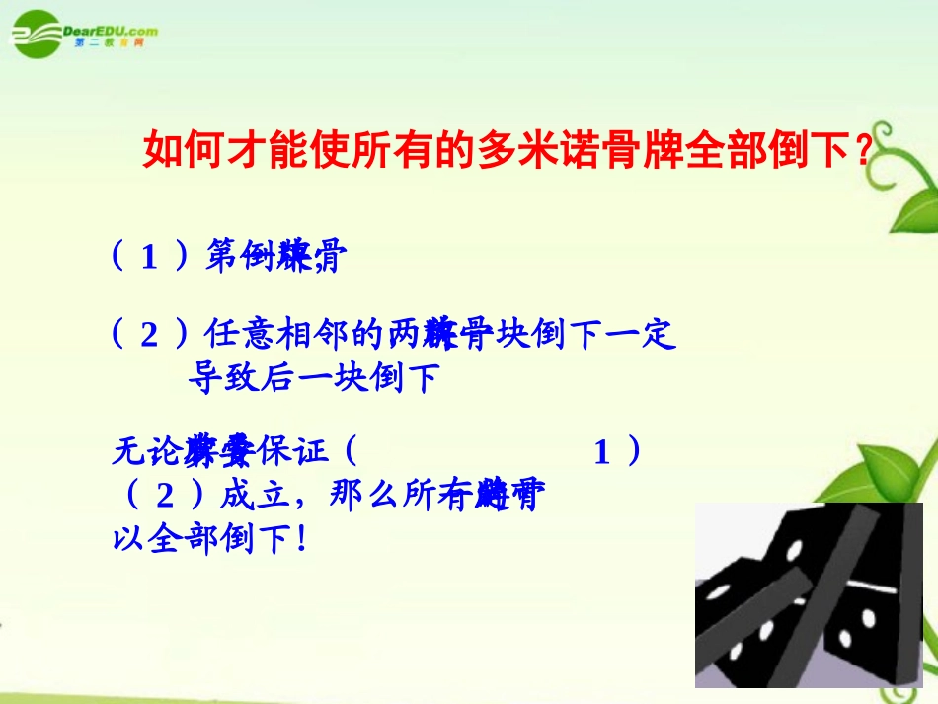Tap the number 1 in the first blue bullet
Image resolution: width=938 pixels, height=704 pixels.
[x=149, y=258]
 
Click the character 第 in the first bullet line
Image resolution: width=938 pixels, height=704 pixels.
[x=221, y=257]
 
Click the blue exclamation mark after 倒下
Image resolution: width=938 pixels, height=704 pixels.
[x=300, y=539]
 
